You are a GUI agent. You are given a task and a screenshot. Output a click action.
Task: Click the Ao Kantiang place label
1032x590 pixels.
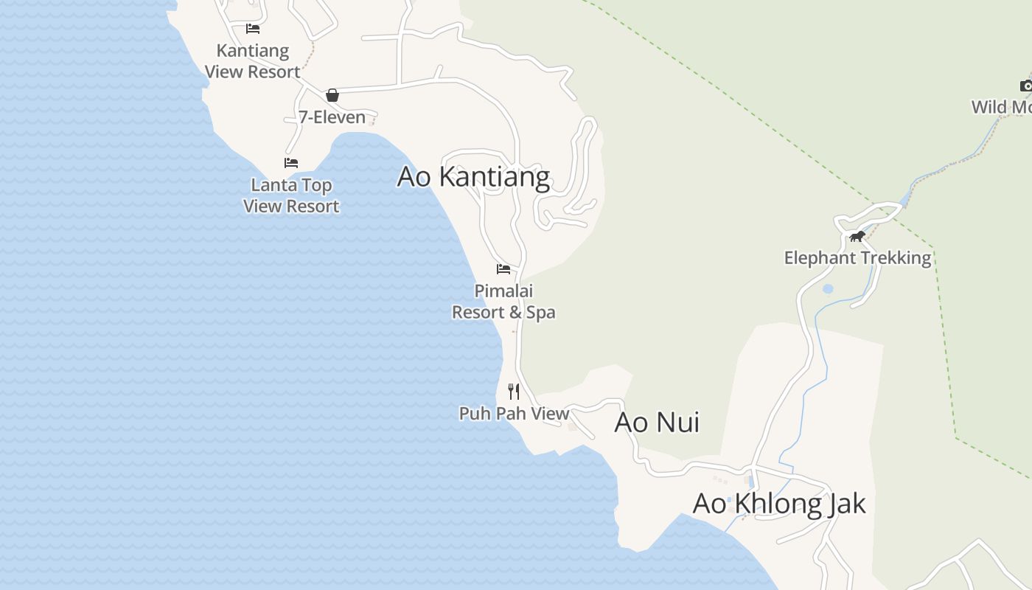pos(473,177)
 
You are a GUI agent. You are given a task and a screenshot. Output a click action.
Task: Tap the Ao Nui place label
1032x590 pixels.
pos(657,423)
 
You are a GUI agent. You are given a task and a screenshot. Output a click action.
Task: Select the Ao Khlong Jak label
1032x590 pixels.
pos(779,504)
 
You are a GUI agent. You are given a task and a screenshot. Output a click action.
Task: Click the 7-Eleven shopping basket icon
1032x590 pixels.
pos(332,94)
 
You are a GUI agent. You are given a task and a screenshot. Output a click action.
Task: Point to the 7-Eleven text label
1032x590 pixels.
pos(332,117)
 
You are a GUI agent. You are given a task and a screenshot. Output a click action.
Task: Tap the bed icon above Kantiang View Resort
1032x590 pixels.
pos(253,29)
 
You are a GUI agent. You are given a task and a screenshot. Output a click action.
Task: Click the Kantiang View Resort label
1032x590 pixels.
pos(253,61)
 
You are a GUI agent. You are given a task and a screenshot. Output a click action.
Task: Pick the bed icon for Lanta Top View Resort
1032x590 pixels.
pos(291,163)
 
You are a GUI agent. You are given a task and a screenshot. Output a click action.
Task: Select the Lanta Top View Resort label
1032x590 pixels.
pos(291,195)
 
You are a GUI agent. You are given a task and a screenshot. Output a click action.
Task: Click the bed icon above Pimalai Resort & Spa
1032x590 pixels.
pos(503,268)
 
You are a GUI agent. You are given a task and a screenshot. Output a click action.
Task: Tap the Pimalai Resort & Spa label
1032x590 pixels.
pos(503,302)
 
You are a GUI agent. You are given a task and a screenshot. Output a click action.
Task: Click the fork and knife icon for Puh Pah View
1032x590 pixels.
pos(514,391)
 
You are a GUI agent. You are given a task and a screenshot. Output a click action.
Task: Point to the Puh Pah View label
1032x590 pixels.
pos(514,414)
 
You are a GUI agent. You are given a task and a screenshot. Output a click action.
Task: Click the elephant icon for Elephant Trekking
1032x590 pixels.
pos(857,237)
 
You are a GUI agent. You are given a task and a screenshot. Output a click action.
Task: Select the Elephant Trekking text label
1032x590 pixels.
pos(857,258)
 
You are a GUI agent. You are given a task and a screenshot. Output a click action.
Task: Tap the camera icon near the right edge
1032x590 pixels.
pos(1026,86)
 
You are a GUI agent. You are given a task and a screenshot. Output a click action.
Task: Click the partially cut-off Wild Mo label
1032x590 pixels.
pos(1001,108)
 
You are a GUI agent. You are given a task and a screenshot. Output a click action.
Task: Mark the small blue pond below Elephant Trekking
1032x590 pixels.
pos(828,289)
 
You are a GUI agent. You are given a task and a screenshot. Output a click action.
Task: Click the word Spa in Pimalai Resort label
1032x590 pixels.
pos(541,313)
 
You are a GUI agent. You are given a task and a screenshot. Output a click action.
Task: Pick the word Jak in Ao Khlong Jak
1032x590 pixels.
pos(844,504)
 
